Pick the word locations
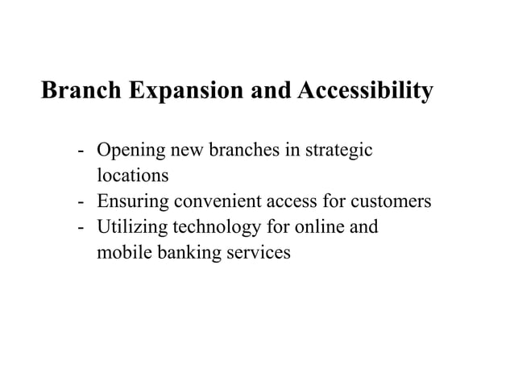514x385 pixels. [132, 175]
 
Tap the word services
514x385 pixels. [253, 253]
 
